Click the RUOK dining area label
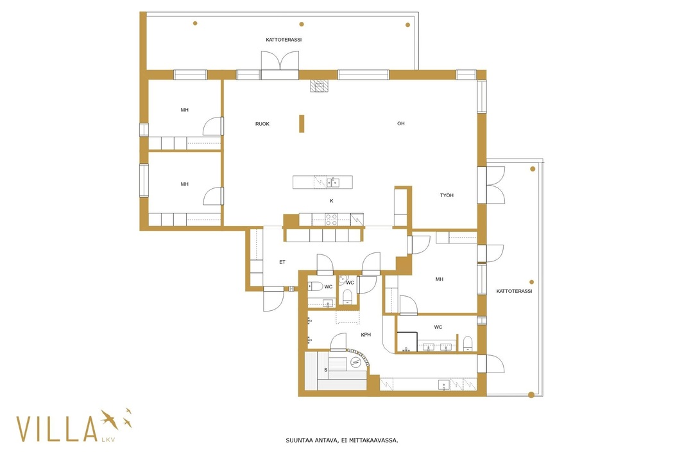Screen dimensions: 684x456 (262, 124)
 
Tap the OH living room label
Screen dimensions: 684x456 (401, 123)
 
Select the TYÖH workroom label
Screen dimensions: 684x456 (447, 195)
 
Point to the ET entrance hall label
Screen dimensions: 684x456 (282, 262)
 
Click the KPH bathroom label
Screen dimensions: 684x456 (366, 335)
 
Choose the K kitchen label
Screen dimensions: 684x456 (332, 201)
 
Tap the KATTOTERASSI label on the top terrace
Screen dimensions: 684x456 (284, 40)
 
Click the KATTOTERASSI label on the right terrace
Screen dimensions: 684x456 (515, 291)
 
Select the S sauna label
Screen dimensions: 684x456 (325, 370)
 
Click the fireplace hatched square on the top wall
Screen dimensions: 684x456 (319, 85)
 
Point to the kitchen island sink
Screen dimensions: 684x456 (333, 182)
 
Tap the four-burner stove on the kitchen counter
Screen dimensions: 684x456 (332, 219)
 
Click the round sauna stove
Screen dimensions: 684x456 (356, 362)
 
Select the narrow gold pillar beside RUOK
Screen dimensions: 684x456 (302, 123)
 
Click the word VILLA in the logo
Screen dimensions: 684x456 (57, 429)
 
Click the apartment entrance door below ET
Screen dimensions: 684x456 (273, 299)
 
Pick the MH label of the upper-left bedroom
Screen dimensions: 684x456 (185, 110)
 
